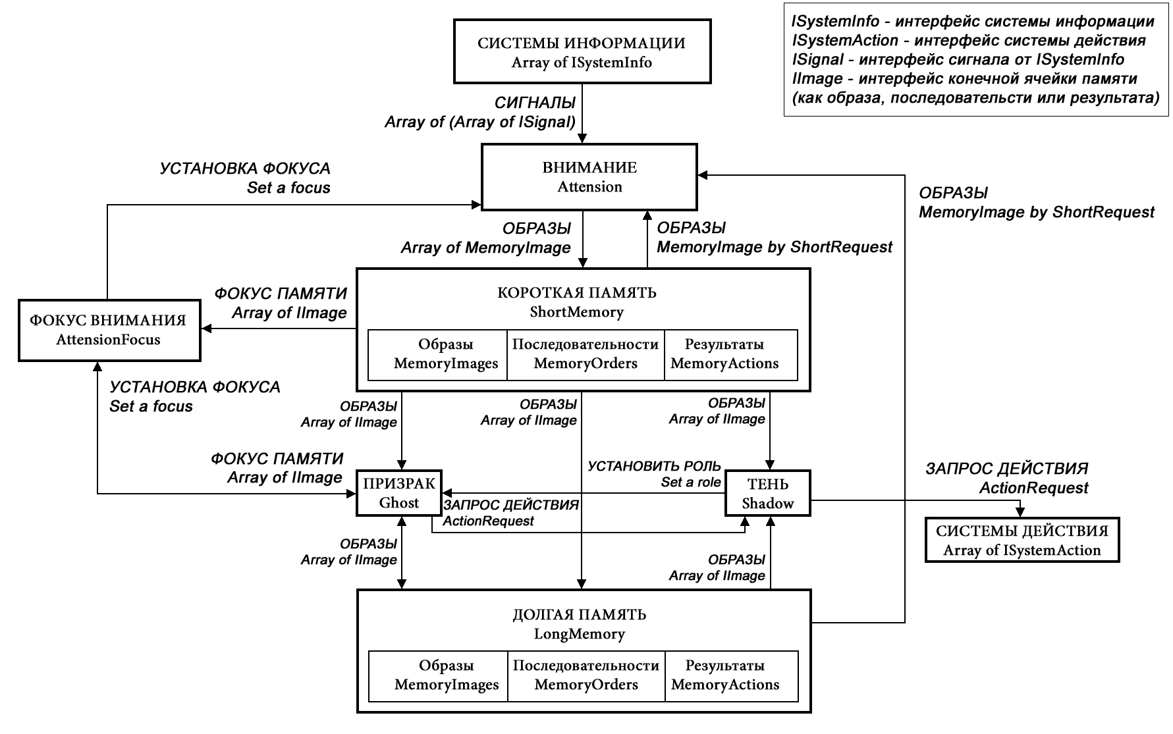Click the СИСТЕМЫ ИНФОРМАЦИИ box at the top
click(582, 52)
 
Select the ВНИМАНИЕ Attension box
click(589, 177)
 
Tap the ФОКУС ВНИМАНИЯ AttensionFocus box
click(109, 330)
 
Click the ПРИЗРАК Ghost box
click(399, 493)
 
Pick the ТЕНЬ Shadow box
click(768, 493)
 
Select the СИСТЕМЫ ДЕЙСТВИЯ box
click(1022, 540)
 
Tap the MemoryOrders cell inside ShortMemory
click(586, 354)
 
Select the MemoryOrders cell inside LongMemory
click(586, 675)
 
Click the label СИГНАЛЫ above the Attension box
click(535, 103)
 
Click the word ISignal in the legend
click(817, 60)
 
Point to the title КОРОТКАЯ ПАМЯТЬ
click(577, 292)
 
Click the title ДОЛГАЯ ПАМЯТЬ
click(579, 615)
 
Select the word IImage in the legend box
click(817, 79)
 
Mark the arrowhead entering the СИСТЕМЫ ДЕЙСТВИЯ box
click(1021, 513)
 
